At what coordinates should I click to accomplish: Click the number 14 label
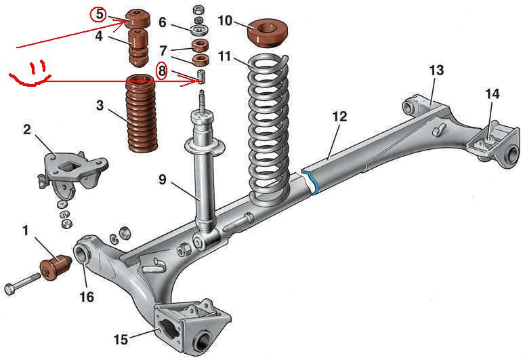[x=492, y=95]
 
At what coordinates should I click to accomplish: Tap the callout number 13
[x=436, y=70]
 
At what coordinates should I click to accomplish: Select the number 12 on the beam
[x=339, y=117]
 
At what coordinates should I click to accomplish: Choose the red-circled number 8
[x=161, y=71]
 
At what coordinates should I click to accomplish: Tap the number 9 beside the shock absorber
[x=163, y=180]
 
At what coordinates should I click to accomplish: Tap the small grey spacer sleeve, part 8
[x=201, y=74]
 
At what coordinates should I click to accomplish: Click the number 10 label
[x=226, y=20]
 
